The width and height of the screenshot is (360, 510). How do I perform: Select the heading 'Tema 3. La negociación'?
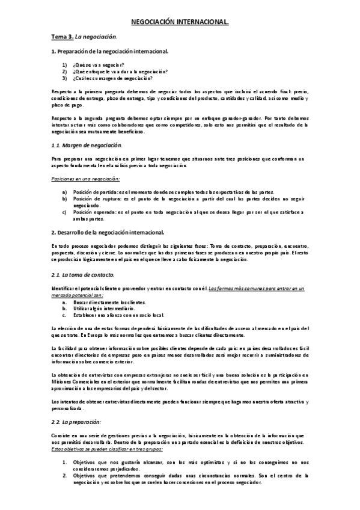coord(82,37)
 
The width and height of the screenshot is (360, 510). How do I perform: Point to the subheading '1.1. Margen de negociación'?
coord(86,146)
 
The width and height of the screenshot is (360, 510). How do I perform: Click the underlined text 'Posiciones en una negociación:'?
coord(85,179)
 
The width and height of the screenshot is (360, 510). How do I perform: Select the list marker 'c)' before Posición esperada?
coord(64,212)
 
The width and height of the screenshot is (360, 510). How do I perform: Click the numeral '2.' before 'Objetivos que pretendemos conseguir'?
coord(65,475)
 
